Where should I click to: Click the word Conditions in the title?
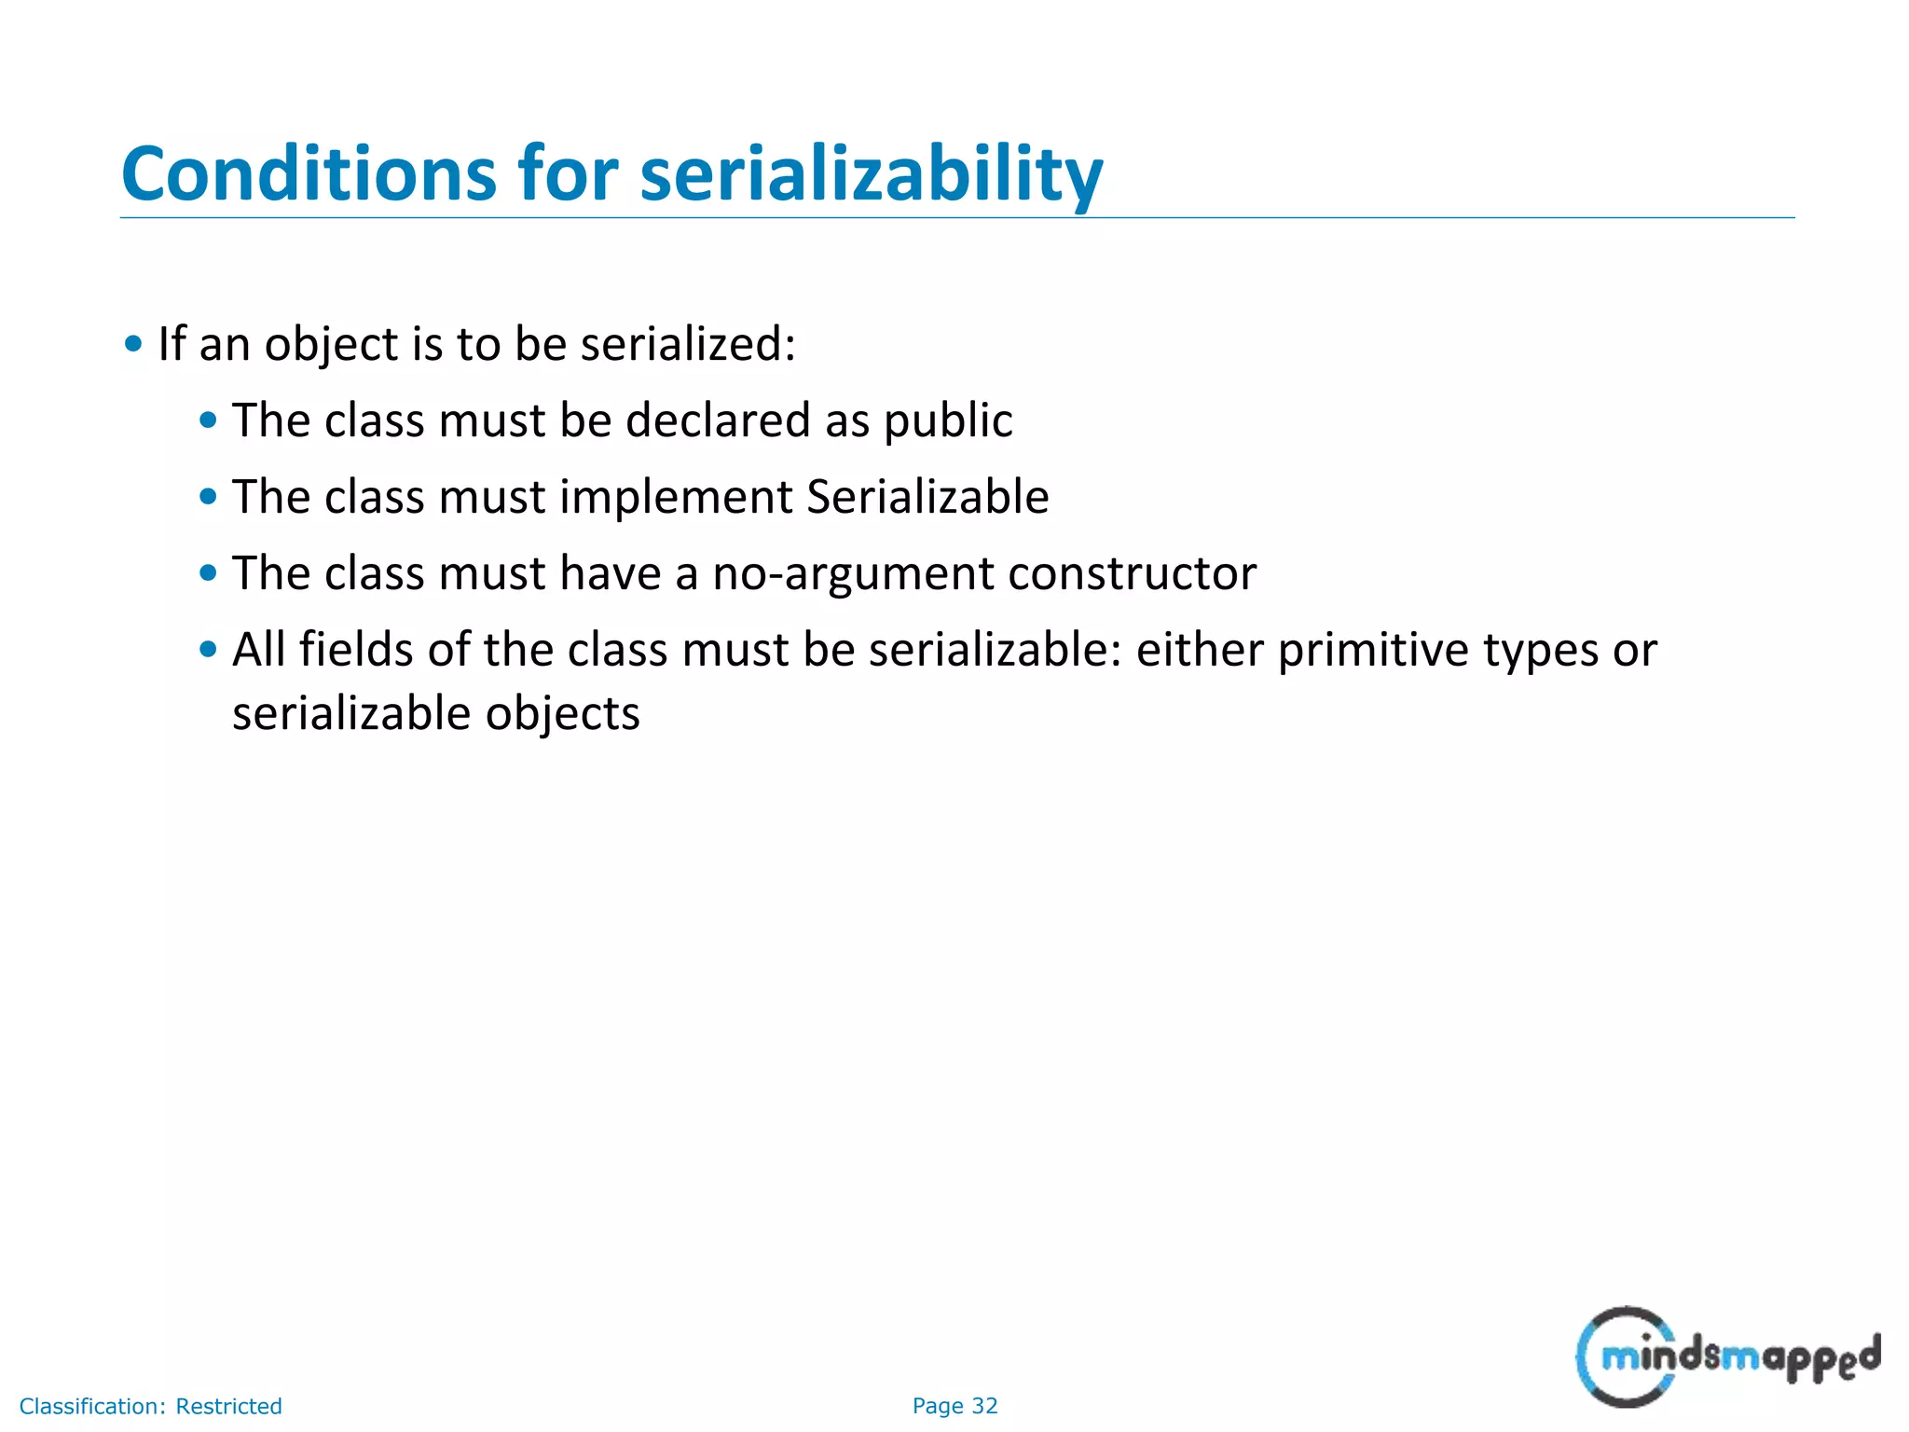pos(309,174)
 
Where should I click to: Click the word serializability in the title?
pos(872,174)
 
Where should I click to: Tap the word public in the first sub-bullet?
pos(948,420)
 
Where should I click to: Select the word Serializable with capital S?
pos(927,497)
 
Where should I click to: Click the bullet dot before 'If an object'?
pos(133,344)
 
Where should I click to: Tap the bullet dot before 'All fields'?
pos(208,649)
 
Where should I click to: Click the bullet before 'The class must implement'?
pos(208,496)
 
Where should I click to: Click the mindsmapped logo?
pos(1727,1356)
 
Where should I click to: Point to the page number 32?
pos(984,1406)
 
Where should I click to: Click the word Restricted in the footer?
pos(228,1406)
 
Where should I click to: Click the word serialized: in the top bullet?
pos(688,344)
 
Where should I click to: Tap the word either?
pos(1200,650)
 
